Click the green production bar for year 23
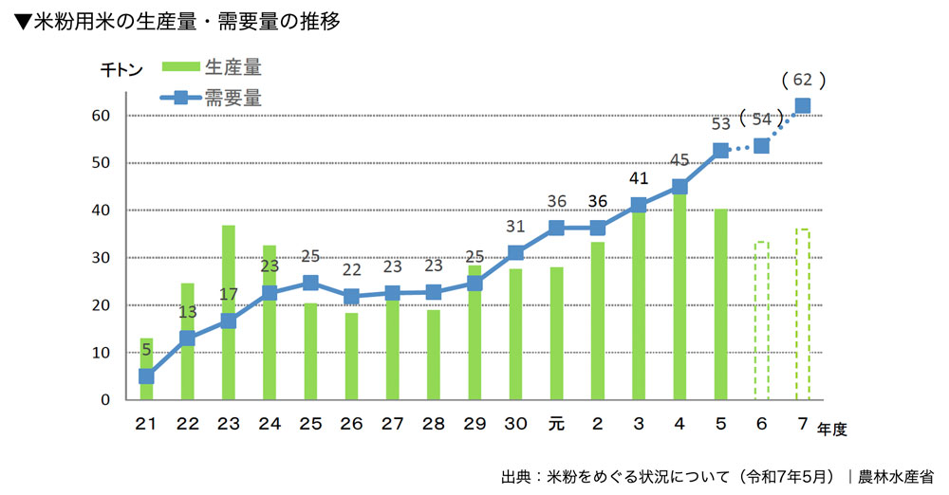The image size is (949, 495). pyautogui.click(x=228, y=313)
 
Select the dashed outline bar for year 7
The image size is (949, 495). pyautogui.click(x=802, y=314)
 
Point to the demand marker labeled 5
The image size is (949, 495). pyautogui.click(x=146, y=376)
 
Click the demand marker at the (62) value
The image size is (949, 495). pyautogui.click(x=802, y=106)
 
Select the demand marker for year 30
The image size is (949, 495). pyautogui.click(x=515, y=252)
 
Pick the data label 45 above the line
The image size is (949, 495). pyautogui.click(x=679, y=160)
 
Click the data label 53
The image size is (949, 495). pyautogui.click(x=720, y=123)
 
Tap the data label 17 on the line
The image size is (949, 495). pyautogui.click(x=229, y=294)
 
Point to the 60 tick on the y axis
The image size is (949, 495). pyautogui.click(x=102, y=116)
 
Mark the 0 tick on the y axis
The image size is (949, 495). pyautogui.click(x=106, y=400)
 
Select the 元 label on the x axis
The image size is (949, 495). pyautogui.click(x=556, y=423)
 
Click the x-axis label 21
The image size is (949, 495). pyautogui.click(x=146, y=423)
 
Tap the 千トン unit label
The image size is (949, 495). pyautogui.click(x=121, y=69)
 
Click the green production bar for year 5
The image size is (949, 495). pyautogui.click(x=720, y=304)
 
